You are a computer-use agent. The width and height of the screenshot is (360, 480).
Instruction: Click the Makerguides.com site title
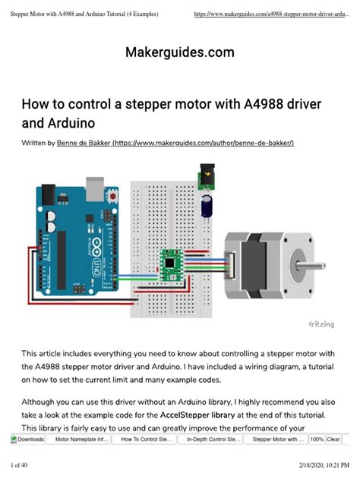coord(179,52)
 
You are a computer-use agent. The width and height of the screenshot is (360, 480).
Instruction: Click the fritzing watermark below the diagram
coord(320,324)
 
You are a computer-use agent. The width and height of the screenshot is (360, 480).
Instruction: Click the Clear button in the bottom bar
coord(333,439)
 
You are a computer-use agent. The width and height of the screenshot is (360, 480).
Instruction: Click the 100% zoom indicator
coord(317,439)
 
